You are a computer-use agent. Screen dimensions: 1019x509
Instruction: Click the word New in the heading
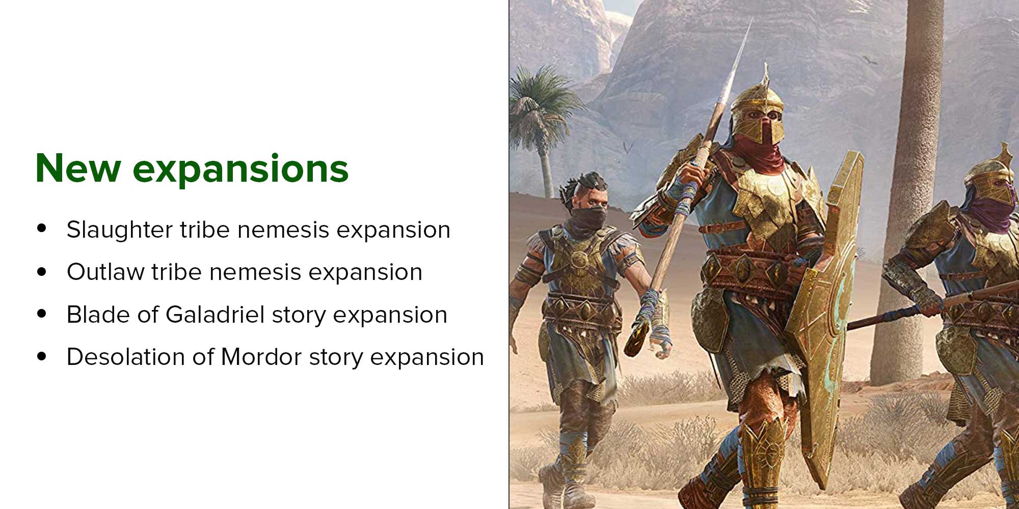coord(78,168)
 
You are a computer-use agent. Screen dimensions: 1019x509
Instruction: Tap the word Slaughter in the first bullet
coord(120,230)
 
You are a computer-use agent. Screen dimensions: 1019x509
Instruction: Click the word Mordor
coord(261,357)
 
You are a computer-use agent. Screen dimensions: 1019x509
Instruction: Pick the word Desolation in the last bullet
coord(125,357)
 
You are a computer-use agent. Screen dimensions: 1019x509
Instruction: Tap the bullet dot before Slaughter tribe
coord(42,229)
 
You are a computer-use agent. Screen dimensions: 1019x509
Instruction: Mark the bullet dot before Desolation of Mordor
coord(42,356)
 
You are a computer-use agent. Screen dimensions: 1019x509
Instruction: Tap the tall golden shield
coord(825,316)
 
